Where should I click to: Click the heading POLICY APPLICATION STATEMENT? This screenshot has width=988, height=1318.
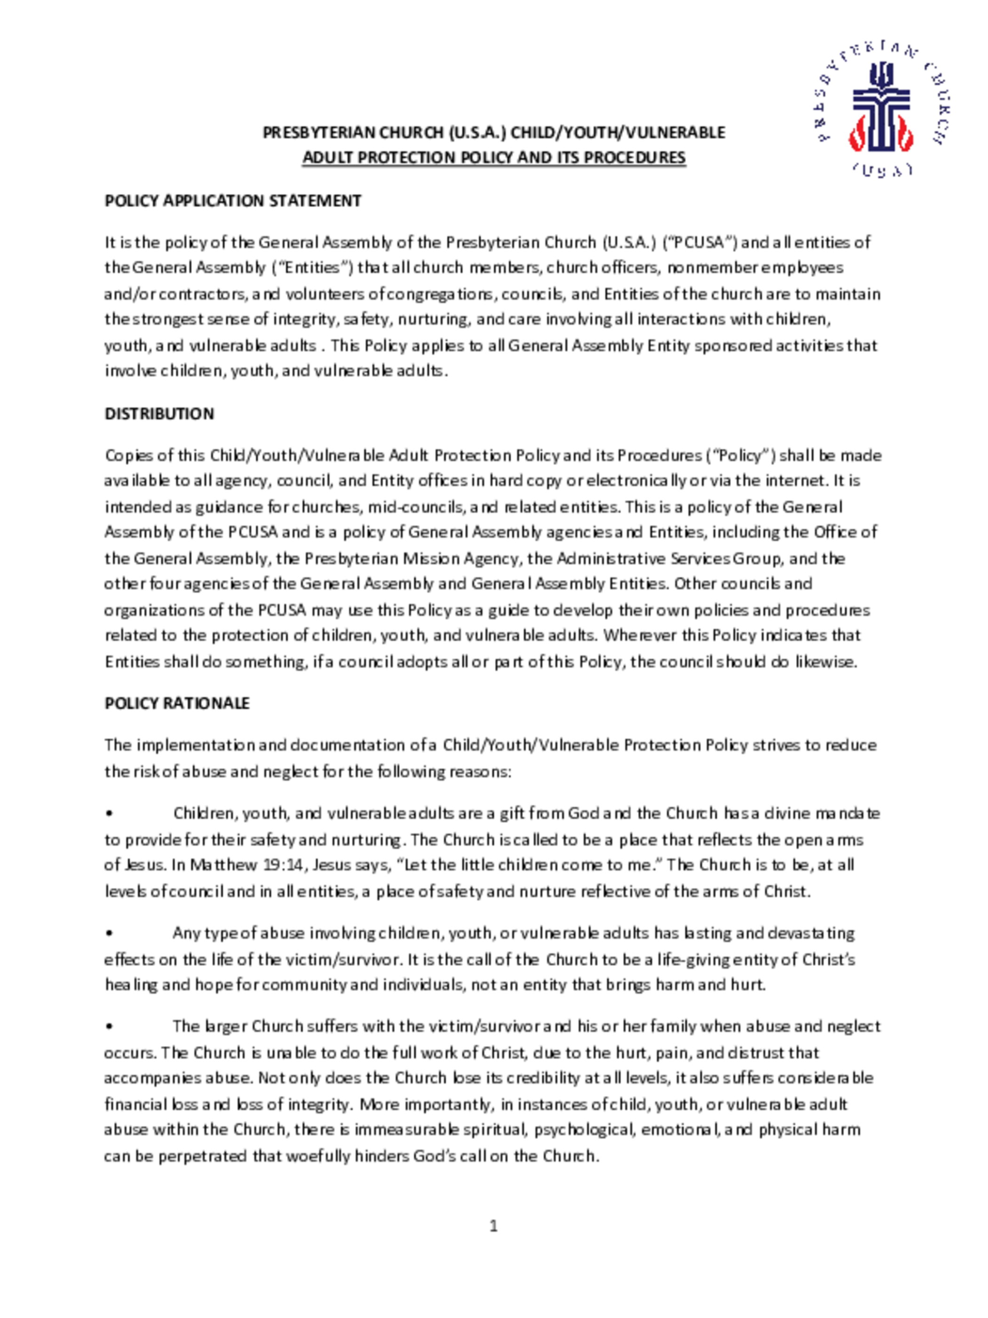coord(233,201)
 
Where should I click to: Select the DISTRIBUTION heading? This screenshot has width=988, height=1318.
coord(159,413)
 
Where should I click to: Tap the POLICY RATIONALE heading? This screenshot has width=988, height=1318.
coord(177,703)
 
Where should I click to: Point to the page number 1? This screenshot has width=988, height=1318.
coord(493,1226)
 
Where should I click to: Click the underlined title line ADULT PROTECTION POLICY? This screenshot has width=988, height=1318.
coord(494,158)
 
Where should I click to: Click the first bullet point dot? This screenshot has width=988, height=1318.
coord(109,813)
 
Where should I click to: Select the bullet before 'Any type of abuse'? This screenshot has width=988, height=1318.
coord(109,933)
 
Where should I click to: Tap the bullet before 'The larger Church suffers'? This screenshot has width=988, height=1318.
coord(109,1027)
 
